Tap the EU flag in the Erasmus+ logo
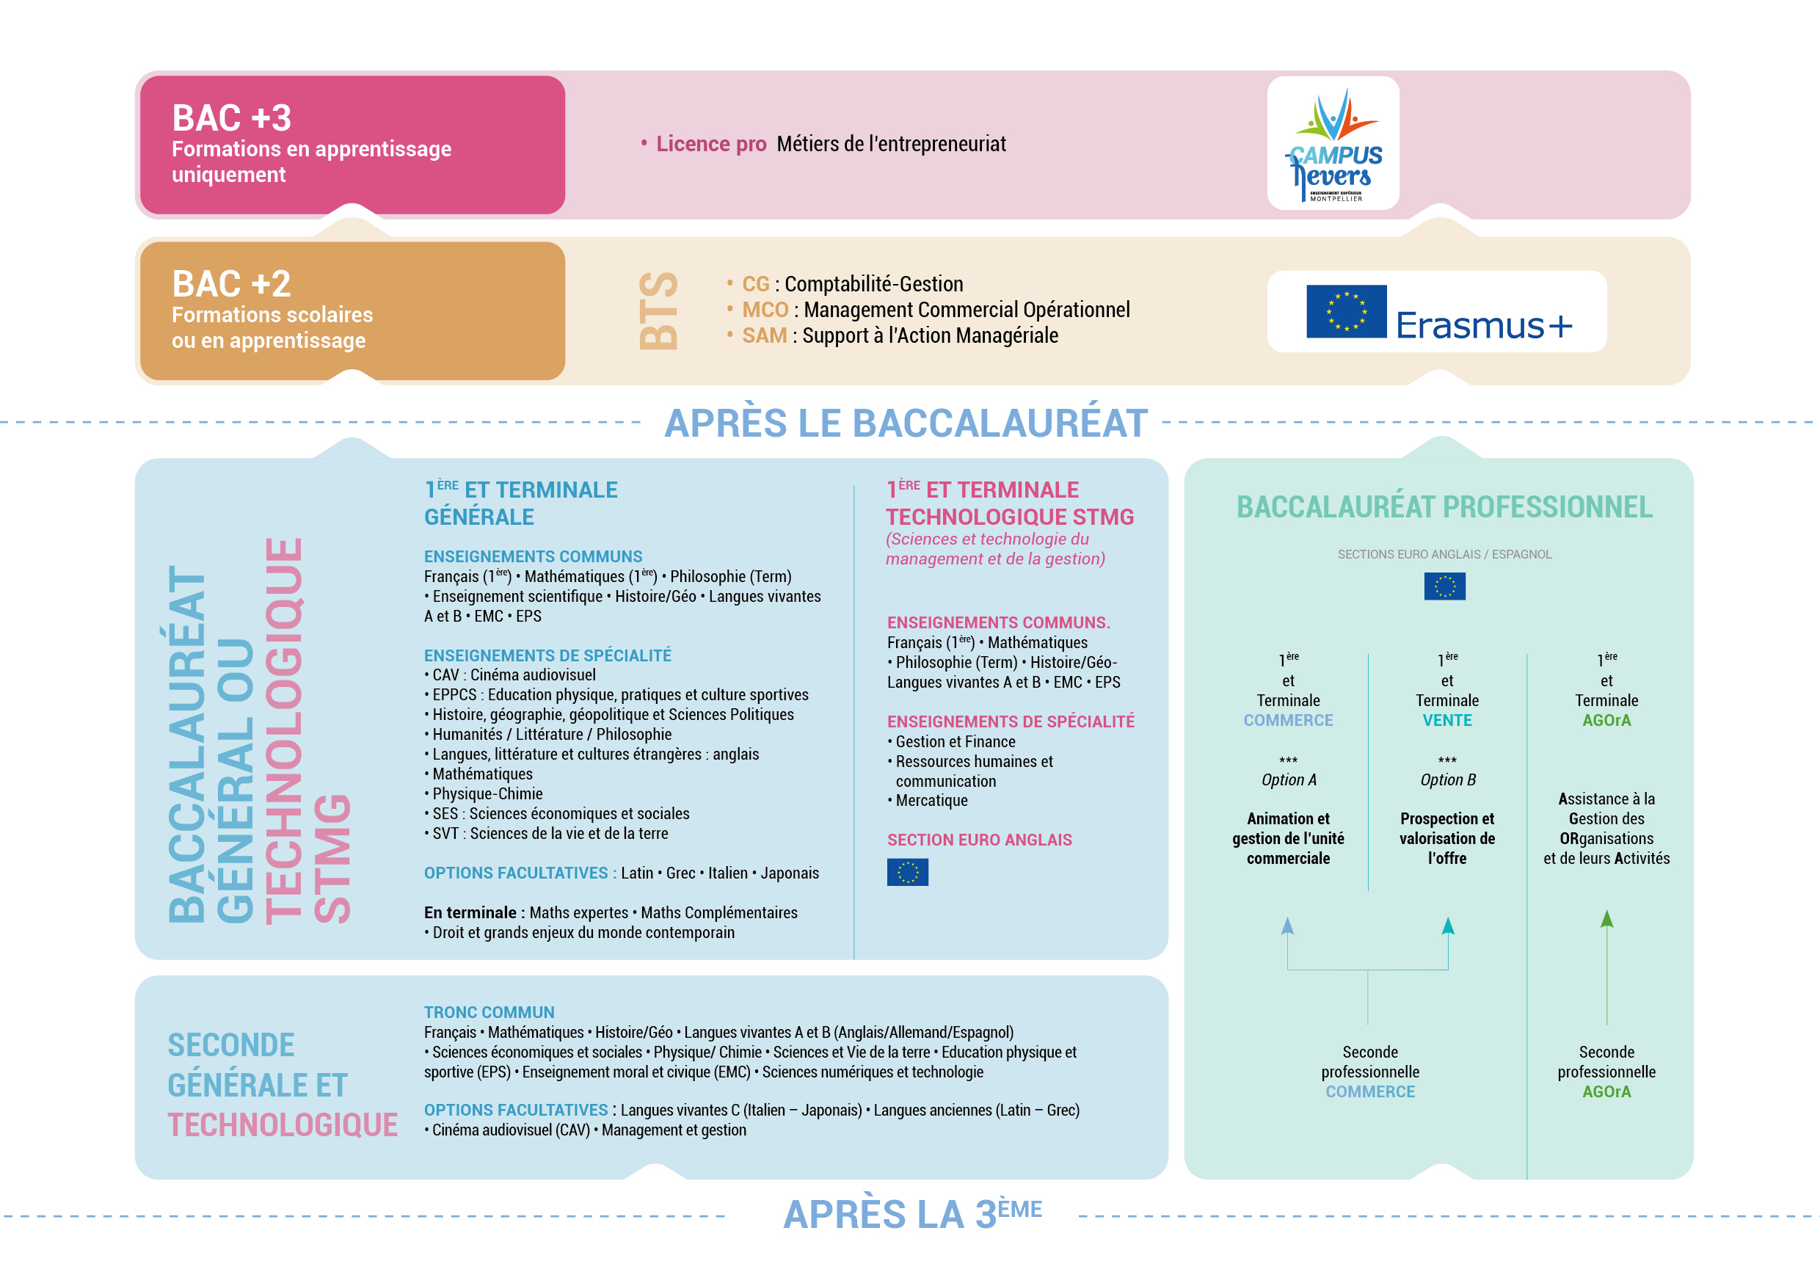(x=1346, y=312)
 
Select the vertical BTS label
(x=658, y=310)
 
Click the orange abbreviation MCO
(x=764, y=310)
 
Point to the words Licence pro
(x=710, y=145)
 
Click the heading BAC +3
(x=231, y=118)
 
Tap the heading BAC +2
(x=231, y=284)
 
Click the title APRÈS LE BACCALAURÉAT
(x=906, y=423)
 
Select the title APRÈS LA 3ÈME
(x=911, y=1213)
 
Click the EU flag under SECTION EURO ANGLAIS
(x=907, y=872)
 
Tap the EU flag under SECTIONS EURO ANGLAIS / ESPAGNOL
(x=1444, y=586)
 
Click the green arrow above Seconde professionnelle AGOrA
(x=1606, y=920)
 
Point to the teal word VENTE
(x=1446, y=721)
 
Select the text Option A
(x=1288, y=780)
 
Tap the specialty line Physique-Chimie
(x=487, y=793)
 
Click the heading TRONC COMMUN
(x=489, y=1013)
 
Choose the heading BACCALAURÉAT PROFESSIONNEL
(x=1444, y=507)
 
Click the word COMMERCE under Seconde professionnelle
(x=1369, y=1092)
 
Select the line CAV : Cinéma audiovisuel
(x=514, y=675)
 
